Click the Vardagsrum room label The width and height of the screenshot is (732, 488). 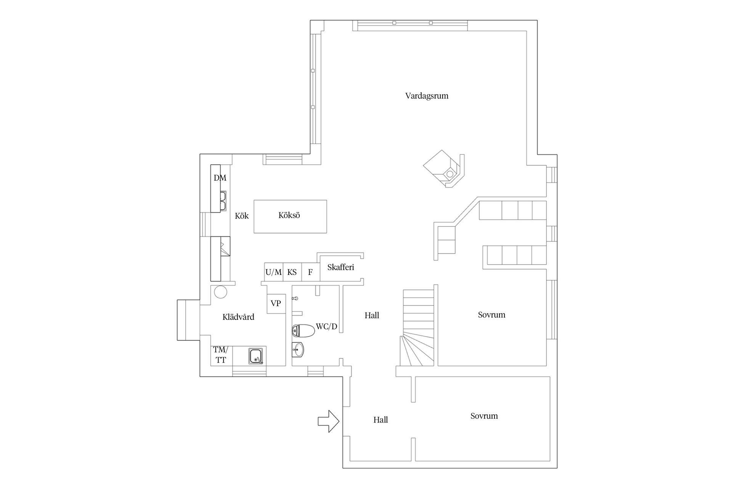(427, 96)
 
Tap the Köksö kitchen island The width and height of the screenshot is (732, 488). (290, 216)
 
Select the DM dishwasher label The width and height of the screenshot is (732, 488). (220, 178)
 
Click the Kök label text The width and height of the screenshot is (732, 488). (241, 216)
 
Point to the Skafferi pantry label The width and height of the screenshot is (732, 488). (340, 267)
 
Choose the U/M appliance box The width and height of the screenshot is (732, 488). (274, 272)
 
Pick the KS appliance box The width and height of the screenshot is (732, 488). (292, 272)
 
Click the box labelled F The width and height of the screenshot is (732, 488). (310, 272)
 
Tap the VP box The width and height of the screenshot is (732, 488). (276, 304)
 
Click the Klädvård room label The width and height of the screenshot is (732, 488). (238, 317)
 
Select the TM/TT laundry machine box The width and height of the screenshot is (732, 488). (221, 355)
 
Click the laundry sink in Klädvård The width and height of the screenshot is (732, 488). (256, 356)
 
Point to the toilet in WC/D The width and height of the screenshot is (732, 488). (303, 331)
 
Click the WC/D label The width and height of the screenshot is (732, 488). (327, 327)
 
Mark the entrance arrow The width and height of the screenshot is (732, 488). (328, 421)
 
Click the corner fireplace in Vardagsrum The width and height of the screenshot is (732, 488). (444, 170)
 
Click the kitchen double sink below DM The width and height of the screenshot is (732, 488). (223, 201)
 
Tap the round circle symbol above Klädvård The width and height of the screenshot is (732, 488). (220, 292)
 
